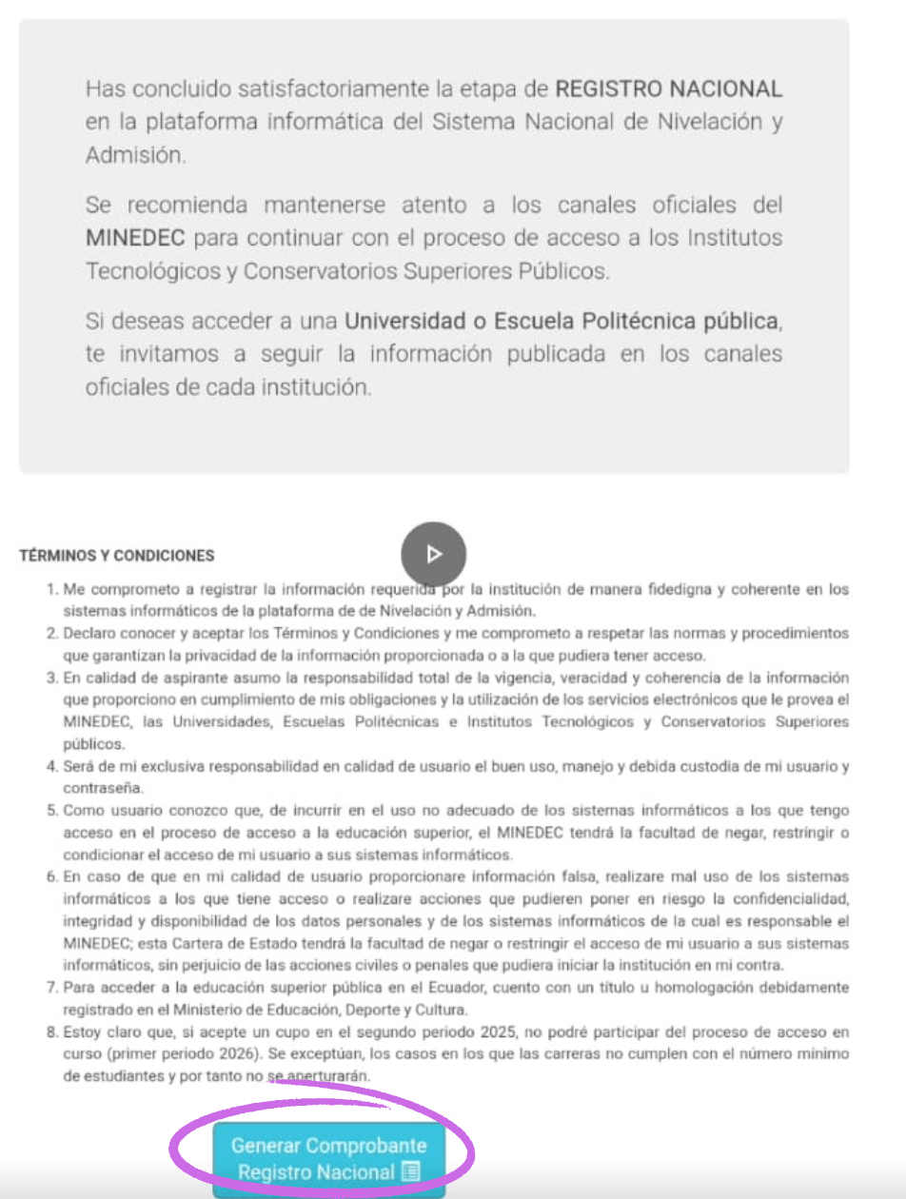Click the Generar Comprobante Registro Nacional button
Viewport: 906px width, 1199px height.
click(328, 1158)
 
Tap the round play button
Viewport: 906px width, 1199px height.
click(433, 554)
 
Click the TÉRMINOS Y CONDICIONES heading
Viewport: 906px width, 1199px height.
click(117, 556)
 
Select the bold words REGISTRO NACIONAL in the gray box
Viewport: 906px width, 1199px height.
click(669, 89)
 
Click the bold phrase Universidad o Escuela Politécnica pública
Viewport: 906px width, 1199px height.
click(561, 321)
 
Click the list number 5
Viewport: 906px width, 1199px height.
click(52, 810)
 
